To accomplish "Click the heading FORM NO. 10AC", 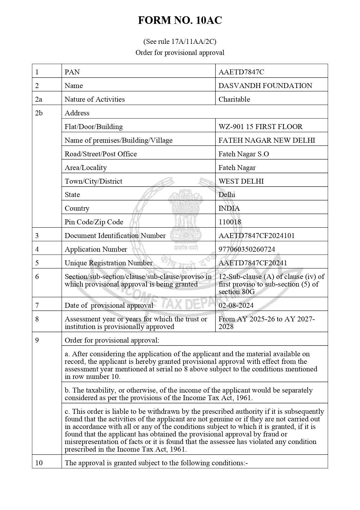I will pos(180,20).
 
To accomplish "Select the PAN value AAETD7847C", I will pos(241,72).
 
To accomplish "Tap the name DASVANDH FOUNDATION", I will pos(265,86).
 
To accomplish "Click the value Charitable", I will pos(234,99).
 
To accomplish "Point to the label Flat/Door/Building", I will pos(93,127).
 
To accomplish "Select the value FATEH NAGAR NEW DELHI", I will pos(267,140).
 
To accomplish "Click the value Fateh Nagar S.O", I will pos(244,154).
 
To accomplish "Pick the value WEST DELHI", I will pos(241,181).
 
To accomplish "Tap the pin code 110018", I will pos(230,222).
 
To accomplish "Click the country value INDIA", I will pos(229,209).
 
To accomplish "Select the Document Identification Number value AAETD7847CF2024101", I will pos(256,236).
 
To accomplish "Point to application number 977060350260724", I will pos(246,249).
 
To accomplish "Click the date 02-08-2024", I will pos(236,305).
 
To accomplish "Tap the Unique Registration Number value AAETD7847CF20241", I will pos(253,263).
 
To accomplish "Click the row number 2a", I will pos(39,99).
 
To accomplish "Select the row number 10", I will pos(39,463).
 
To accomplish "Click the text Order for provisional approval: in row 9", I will pos(112,340).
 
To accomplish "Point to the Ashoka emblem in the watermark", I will pos(186,215).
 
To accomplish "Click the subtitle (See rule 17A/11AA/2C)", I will pos(180,42).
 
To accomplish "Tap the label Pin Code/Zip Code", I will pos(94,222).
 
